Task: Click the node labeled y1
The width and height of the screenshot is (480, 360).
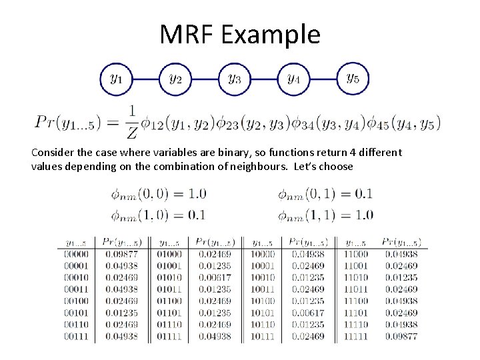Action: click(x=116, y=79)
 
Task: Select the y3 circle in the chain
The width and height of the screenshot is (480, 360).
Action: click(x=234, y=79)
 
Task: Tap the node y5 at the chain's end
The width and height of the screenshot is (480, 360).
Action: click(x=353, y=79)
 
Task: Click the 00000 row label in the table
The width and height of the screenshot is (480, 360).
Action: click(x=76, y=254)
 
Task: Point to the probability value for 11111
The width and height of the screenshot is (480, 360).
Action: click(x=400, y=337)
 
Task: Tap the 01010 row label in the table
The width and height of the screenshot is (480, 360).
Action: click(x=169, y=277)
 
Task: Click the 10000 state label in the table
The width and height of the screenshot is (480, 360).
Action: click(x=262, y=254)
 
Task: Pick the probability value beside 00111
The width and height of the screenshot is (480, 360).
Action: click(x=122, y=337)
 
